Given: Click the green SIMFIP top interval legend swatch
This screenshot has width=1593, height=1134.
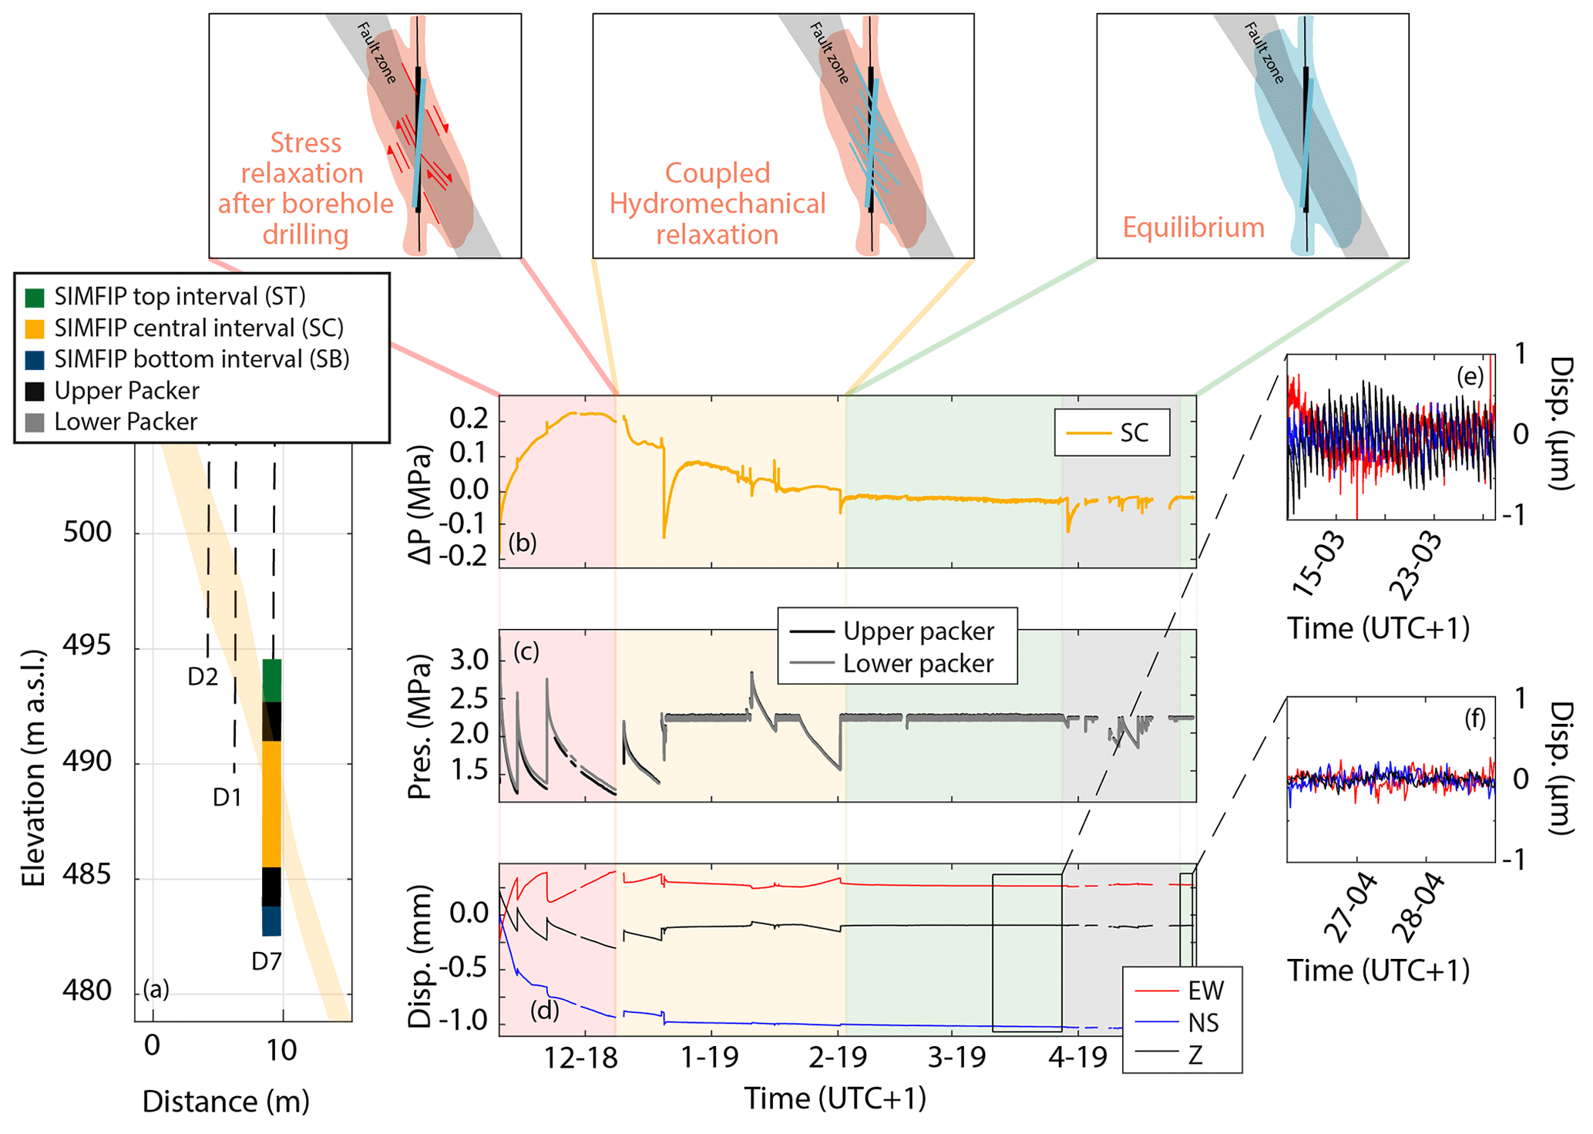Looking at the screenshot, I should tap(35, 298).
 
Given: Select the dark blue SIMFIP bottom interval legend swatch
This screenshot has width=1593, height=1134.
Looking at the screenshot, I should tap(35, 360).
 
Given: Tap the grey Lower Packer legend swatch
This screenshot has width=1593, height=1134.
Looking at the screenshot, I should tap(35, 422).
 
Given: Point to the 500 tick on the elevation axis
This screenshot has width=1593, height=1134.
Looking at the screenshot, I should tap(87, 532).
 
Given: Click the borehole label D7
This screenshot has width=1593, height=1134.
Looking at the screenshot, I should tap(267, 961).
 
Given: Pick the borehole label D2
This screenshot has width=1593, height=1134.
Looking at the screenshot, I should tap(203, 677).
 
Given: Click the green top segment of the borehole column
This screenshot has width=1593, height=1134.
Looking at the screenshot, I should tap(272, 680).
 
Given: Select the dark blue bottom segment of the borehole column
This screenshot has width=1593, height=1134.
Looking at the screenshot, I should tap(272, 921).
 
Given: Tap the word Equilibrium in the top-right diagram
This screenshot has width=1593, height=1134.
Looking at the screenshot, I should tap(1193, 227).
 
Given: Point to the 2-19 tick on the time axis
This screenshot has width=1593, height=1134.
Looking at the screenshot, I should tap(839, 1058).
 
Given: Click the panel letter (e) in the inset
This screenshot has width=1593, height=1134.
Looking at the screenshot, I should tap(1470, 377).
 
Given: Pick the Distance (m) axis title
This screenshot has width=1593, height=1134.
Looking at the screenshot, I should tap(226, 1102).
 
